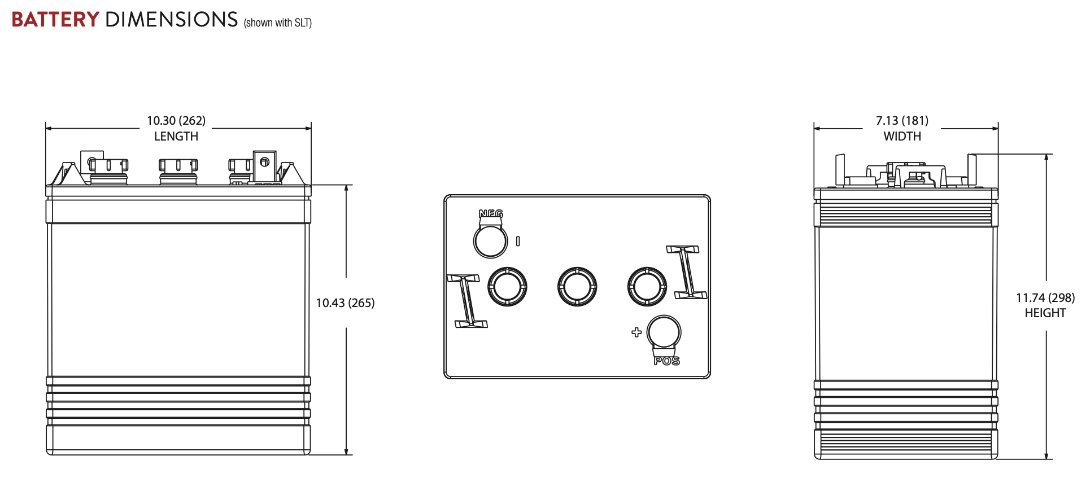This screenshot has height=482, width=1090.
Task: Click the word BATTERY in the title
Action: point(55,20)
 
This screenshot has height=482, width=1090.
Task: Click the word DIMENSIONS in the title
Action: point(172,20)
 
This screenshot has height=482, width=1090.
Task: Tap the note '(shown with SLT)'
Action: point(278,23)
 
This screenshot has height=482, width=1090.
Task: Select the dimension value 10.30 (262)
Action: point(176,121)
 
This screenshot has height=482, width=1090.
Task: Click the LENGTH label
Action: point(176,137)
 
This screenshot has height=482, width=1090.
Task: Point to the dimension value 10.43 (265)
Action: point(345,303)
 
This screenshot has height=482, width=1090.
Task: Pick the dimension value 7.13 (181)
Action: point(902,121)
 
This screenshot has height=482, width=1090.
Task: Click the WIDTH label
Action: point(902,137)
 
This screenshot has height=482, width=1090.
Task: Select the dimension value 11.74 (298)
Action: point(1045,298)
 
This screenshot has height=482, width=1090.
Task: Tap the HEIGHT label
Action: point(1045,313)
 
